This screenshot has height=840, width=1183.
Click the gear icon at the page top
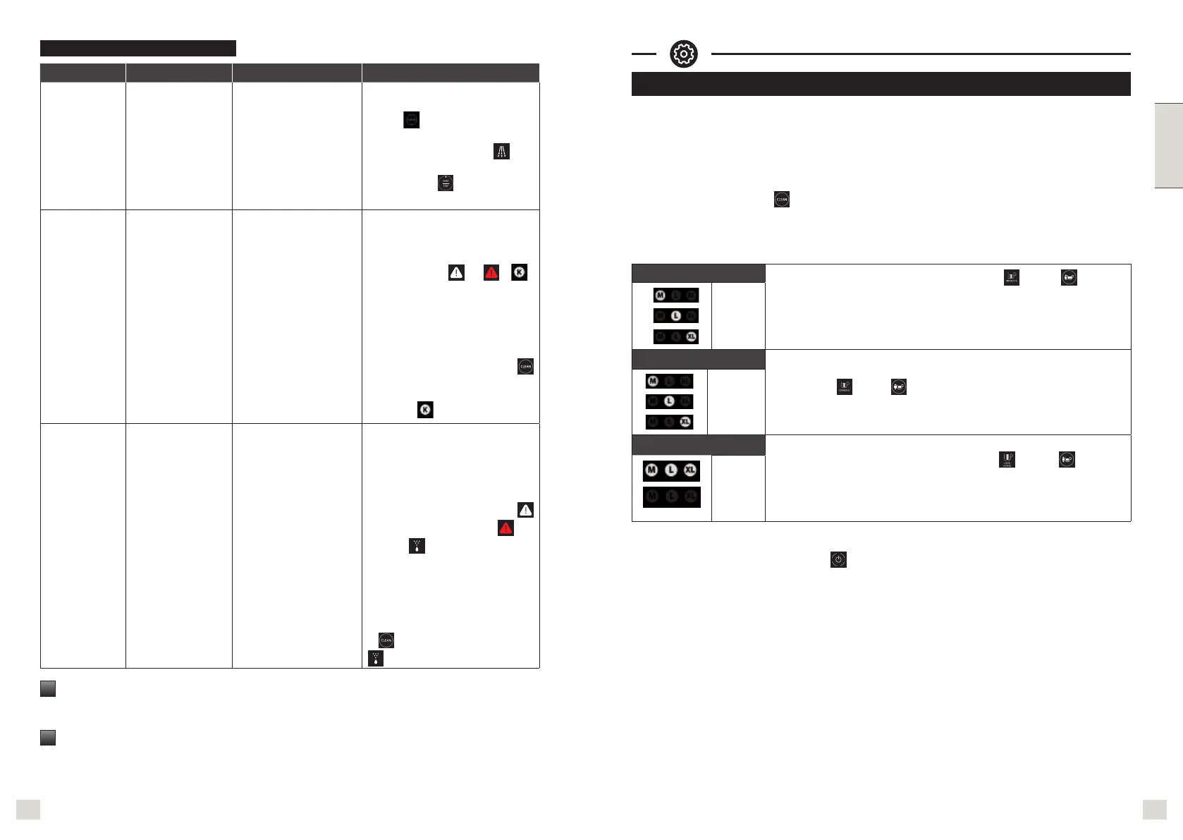click(x=683, y=54)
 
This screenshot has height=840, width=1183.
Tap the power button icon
click(x=838, y=560)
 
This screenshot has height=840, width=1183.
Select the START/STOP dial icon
click(x=445, y=183)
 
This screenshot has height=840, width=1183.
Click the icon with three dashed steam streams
click(x=501, y=151)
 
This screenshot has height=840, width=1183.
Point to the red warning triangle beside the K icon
click(x=491, y=272)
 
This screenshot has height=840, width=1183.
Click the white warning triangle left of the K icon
click(x=456, y=272)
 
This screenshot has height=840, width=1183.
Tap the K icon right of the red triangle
click(x=520, y=272)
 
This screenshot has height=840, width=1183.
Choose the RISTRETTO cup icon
click(x=1011, y=279)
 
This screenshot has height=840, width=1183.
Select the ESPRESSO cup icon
click(x=845, y=387)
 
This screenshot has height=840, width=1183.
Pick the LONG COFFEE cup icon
click(x=1007, y=460)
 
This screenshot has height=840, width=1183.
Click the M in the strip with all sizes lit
click(x=651, y=470)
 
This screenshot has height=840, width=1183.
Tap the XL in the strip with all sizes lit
click(x=690, y=470)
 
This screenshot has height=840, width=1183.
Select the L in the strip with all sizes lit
click(x=670, y=470)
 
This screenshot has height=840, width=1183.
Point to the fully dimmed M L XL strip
click(x=671, y=497)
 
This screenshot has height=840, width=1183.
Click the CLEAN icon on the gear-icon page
click(x=781, y=200)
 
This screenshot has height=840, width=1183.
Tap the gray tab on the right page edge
click(x=1168, y=146)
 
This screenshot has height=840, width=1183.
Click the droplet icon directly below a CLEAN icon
click(x=376, y=659)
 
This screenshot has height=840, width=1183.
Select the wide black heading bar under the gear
click(x=881, y=84)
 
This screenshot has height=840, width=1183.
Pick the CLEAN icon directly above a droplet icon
click(x=386, y=640)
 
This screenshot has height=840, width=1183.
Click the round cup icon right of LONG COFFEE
click(x=1067, y=460)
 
